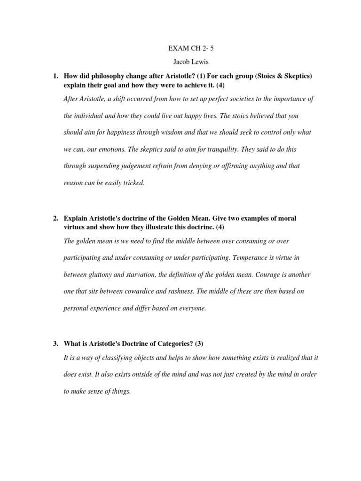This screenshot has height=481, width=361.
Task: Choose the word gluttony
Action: pos(102,274)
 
